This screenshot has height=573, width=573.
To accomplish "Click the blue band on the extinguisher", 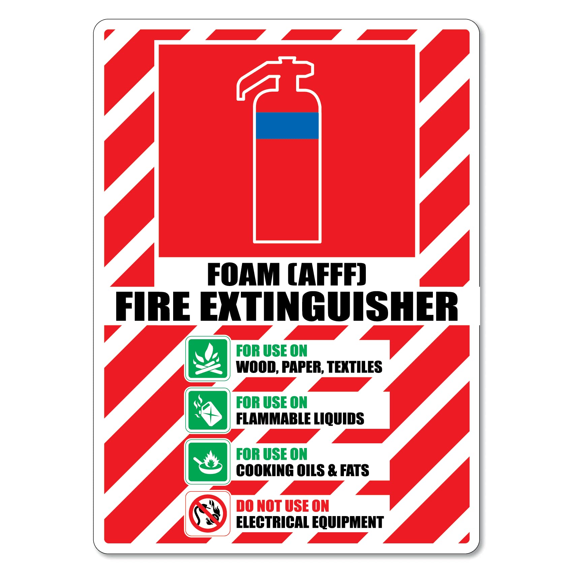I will (287, 125).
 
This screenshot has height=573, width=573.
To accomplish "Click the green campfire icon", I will (208, 358).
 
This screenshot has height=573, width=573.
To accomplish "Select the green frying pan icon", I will (208, 462).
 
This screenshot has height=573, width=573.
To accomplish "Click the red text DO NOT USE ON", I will (282, 506).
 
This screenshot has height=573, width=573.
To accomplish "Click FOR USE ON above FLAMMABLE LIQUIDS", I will (272, 403).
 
